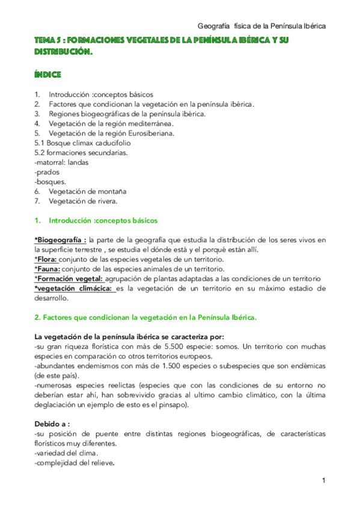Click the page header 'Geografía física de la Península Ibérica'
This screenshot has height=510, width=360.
[262, 26]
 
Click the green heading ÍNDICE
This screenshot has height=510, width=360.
[47, 75]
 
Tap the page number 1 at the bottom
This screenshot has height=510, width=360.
[323, 481]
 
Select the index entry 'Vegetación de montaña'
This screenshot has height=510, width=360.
[83, 191]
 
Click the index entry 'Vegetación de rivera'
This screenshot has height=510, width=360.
[79, 201]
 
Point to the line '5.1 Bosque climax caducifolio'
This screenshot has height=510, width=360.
[82, 143]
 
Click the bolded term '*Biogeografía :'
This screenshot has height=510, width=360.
[60, 240]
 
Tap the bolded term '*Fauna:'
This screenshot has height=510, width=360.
[47, 269]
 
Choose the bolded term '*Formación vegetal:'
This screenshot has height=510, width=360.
[69, 278]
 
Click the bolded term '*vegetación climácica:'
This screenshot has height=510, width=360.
[73, 288]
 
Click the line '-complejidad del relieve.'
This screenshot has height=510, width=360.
[75, 462]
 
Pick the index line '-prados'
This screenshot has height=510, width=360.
[47, 172]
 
